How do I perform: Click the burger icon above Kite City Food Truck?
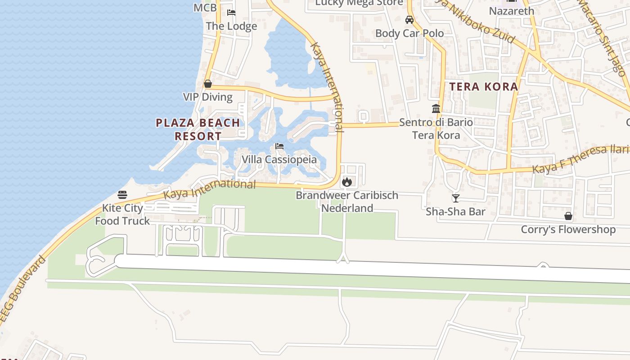pos(122,195)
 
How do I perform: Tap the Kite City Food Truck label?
pos(122,214)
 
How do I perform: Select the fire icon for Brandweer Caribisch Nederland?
pos(346,182)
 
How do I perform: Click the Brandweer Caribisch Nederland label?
pos(347,202)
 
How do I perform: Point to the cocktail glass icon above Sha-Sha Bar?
pos(456,198)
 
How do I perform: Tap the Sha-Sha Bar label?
pos(455,211)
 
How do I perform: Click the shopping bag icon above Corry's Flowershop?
pos(568,216)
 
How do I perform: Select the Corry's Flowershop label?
pos(568,229)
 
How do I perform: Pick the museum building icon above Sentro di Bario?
pos(436,109)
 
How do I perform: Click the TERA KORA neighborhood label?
pos(484,87)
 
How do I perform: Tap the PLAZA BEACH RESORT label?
pos(198,129)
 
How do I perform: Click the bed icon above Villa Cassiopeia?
pos(279,146)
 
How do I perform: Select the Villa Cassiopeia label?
pos(279,159)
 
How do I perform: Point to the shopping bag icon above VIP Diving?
pos(208,84)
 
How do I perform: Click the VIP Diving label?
pos(208,97)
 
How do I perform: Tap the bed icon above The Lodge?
pos(231,13)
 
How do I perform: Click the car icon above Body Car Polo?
pos(409,20)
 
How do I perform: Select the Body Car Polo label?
pos(409,33)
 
